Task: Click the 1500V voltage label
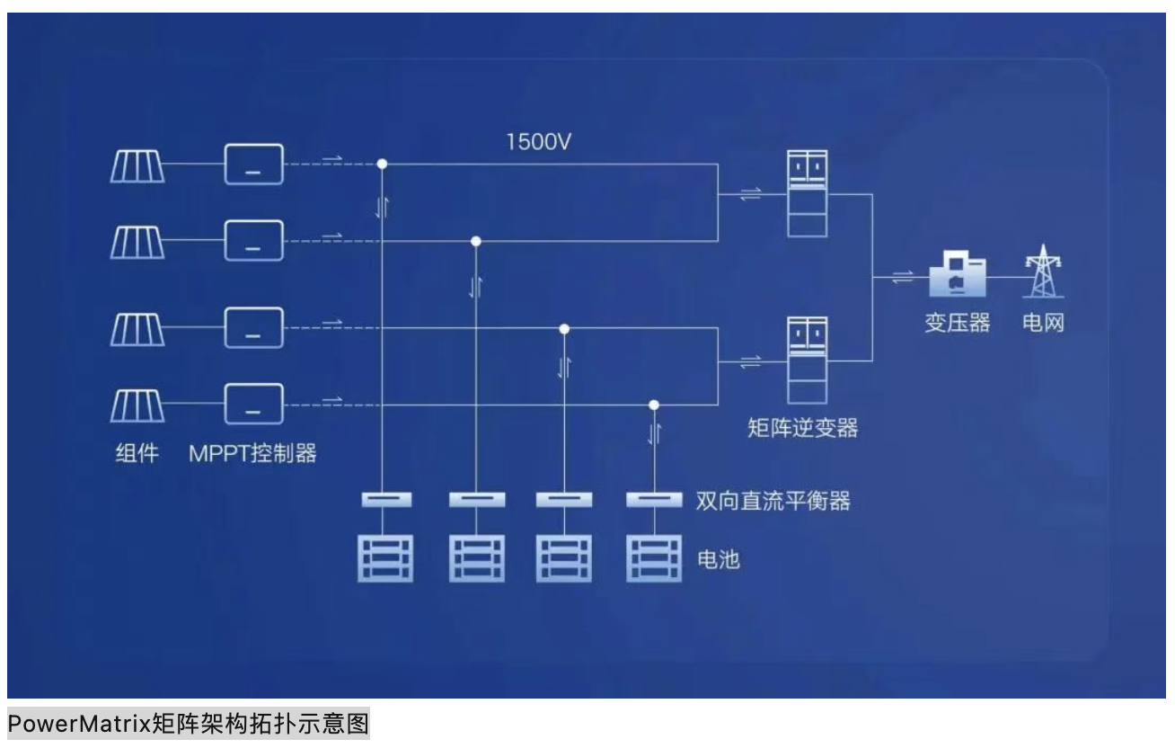click(x=538, y=142)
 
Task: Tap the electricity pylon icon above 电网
click(x=1043, y=271)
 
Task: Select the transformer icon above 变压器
click(x=958, y=273)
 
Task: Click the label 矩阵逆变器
click(x=802, y=428)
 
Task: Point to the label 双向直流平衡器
click(x=773, y=501)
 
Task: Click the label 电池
click(x=718, y=559)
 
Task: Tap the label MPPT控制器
click(x=252, y=453)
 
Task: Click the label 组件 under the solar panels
click(x=137, y=453)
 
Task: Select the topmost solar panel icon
click(x=137, y=166)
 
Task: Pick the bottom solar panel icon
click(x=137, y=405)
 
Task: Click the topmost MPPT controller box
click(x=254, y=165)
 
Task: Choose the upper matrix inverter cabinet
click(x=808, y=193)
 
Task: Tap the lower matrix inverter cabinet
click(x=808, y=361)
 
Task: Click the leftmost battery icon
click(x=385, y=558)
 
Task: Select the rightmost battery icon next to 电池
click(x=654, y=558)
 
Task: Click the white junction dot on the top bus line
click(x=383, y=164)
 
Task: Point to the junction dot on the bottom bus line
click(x=654, y=405)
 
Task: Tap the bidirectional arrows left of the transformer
click(x=903, y=277)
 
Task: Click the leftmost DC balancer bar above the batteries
click(x=386, y=499)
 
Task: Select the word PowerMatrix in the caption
click(x=80, y=724)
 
